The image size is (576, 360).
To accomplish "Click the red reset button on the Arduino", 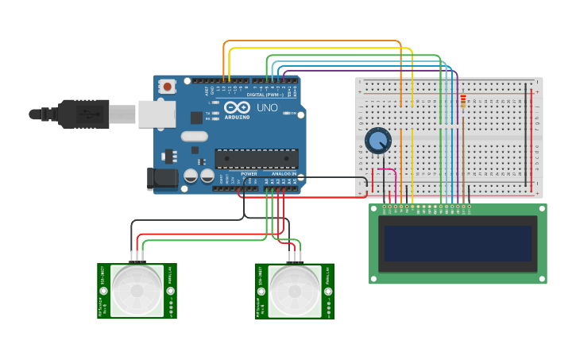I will coord(167,86).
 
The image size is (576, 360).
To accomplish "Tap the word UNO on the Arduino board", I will coord(267,107).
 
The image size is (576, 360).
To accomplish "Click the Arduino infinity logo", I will coord(237,107).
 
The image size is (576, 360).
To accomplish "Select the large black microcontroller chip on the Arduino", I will coord(256,158).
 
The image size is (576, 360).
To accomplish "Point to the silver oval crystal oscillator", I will coord(194,136).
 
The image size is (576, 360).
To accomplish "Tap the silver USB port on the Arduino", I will coord(157,114).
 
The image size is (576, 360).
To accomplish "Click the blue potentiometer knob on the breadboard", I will coord(378,141).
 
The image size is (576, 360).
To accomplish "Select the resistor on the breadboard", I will coord(463,101).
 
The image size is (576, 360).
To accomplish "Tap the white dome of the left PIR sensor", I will coord(137,290).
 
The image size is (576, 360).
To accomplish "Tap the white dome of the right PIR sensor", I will coord(295,290).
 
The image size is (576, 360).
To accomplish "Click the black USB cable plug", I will coord(83,114).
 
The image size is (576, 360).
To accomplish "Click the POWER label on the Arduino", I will coord(249,173).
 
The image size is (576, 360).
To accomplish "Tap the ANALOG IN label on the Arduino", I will coord(283,173).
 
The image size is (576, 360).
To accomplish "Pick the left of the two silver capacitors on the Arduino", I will coord(191,176).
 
